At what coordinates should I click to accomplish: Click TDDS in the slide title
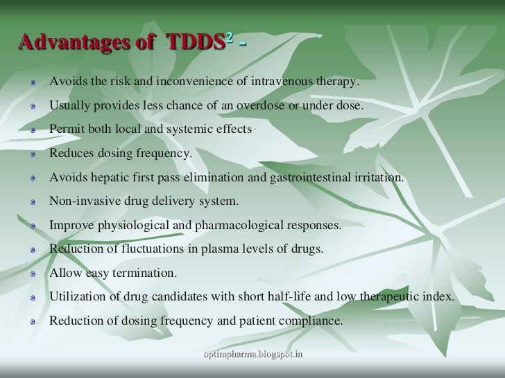coord(195,43)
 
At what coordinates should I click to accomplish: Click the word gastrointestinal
coord(342,178)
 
